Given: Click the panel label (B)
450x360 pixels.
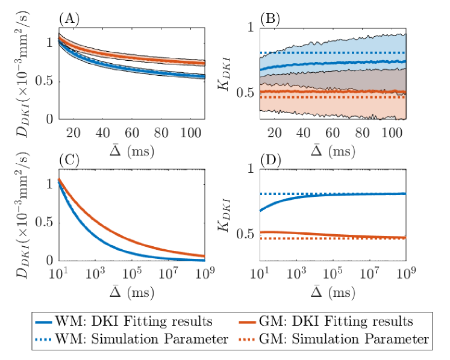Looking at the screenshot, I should pyautogui.click(x=267, y=19).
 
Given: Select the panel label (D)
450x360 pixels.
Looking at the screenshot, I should pyautogui.click(x=267, y=161).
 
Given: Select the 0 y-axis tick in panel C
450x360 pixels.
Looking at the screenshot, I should pyautogui.click(x=51, y=261).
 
